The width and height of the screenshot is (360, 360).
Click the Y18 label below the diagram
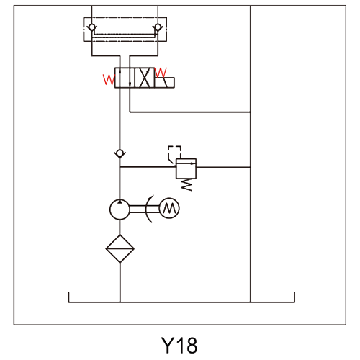pos(179,346)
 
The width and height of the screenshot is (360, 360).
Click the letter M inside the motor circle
pos(170,208)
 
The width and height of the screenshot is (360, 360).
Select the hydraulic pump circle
pos(120,210)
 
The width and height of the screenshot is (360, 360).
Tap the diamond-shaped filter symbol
pos(120,248)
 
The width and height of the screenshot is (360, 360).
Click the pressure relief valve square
pos(186,168)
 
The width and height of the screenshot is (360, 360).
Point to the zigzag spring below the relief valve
pos(186,185)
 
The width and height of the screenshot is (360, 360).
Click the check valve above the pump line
pos(120,153)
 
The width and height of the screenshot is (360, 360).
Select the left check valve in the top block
pos(91,27)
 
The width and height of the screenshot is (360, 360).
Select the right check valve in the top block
pos(158,27)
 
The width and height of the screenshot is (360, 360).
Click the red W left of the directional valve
pos(109,79)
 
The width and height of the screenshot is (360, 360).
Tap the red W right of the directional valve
pos(161,72)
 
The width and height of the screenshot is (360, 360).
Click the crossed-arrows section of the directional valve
pos(145,78)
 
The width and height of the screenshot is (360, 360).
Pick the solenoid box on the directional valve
pos(164,83)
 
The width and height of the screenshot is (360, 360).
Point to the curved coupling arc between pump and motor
pos(148,209)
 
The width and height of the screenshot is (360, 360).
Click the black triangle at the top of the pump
pos(120,202)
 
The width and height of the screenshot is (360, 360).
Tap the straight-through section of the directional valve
pos(125,78)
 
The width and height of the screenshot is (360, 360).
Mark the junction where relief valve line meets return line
pos(251,167)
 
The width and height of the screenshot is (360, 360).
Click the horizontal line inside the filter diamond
pos(120,249)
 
